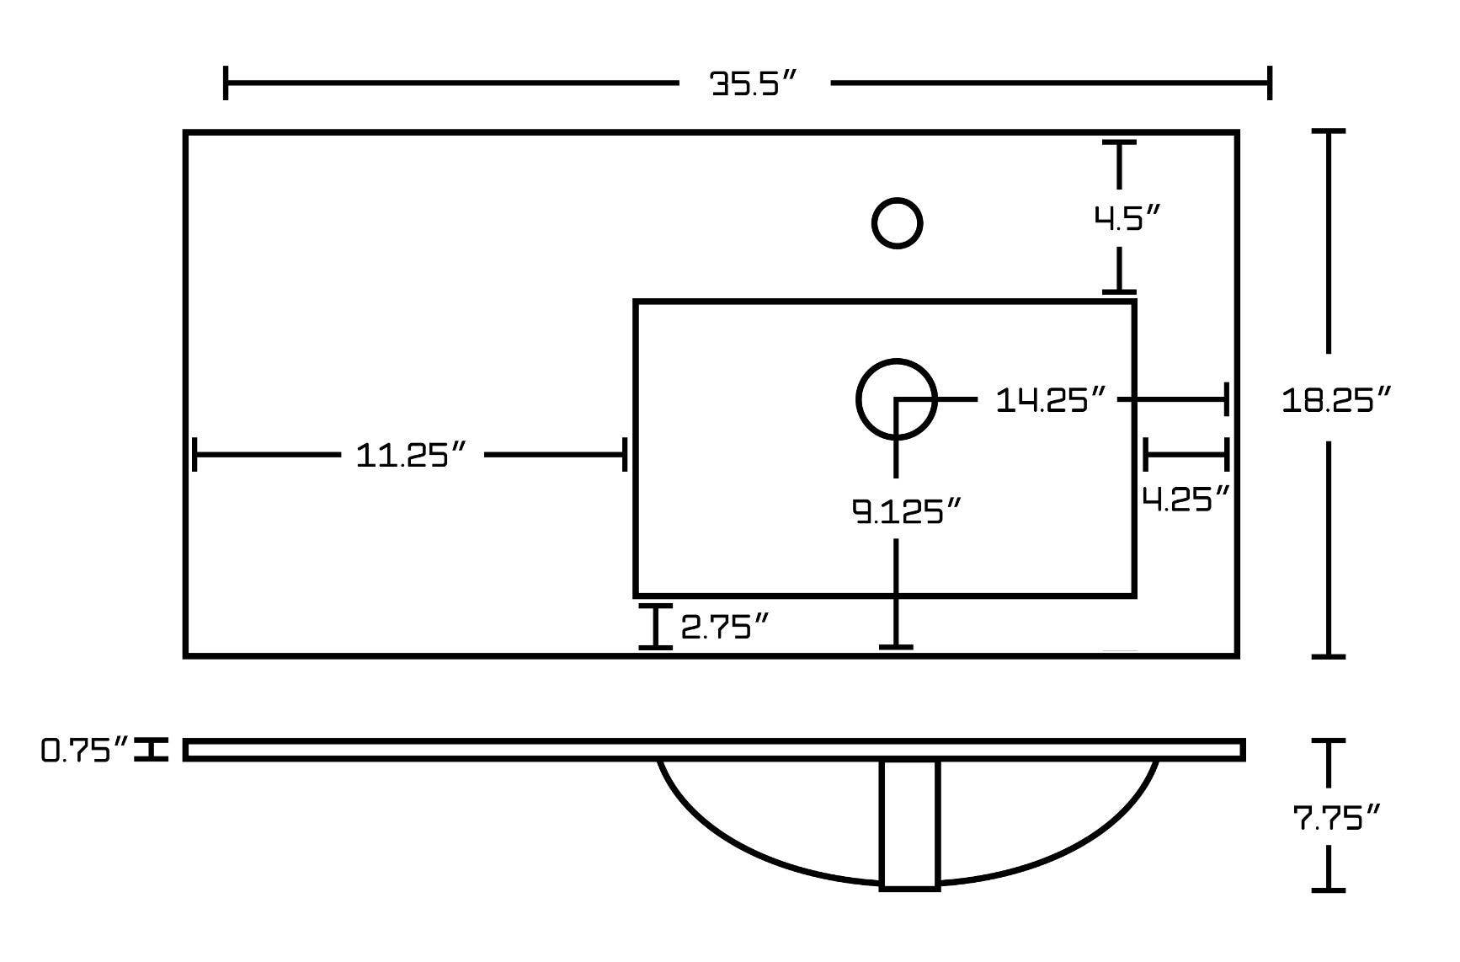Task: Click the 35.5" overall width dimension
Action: [754, 83]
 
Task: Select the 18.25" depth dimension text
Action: [1335, 399]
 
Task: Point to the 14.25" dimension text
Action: [1049, 399]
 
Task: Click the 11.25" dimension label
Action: [410, 455]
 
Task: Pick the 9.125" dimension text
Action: [906, 510]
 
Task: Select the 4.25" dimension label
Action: [1186, 499]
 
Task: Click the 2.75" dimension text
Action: [724, 627]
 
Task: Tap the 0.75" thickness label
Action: [85, 750]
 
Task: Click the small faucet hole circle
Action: [897, 223]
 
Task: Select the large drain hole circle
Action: [897, 399]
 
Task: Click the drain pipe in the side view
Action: [909, 824]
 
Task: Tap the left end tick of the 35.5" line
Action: [226, 83]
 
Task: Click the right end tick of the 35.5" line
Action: [1269, 83]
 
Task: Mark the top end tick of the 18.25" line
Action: [1329, 132]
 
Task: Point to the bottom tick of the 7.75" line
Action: [1329, 889]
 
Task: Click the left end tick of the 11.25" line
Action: [194, 455]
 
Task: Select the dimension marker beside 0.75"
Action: [152, 749]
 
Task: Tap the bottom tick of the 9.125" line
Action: [896, 646]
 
